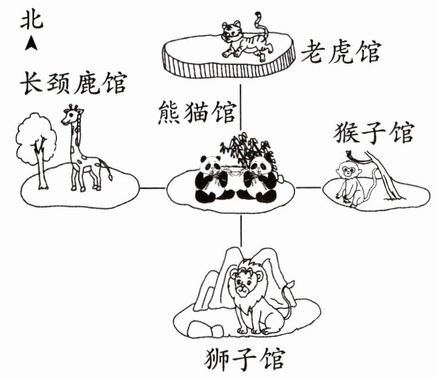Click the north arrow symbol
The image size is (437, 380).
pos(31,43)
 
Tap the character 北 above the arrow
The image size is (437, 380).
pos(32,21)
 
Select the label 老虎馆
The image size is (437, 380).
pos(341,52)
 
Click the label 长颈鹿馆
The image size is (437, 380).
pos(74,83)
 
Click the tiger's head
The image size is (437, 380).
pos(231,31)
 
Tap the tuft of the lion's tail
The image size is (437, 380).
pos(290,285)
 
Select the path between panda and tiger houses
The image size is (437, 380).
pos(241,107)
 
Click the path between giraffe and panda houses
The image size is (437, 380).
pos(152,189)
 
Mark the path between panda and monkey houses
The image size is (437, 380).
pos(308,187)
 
